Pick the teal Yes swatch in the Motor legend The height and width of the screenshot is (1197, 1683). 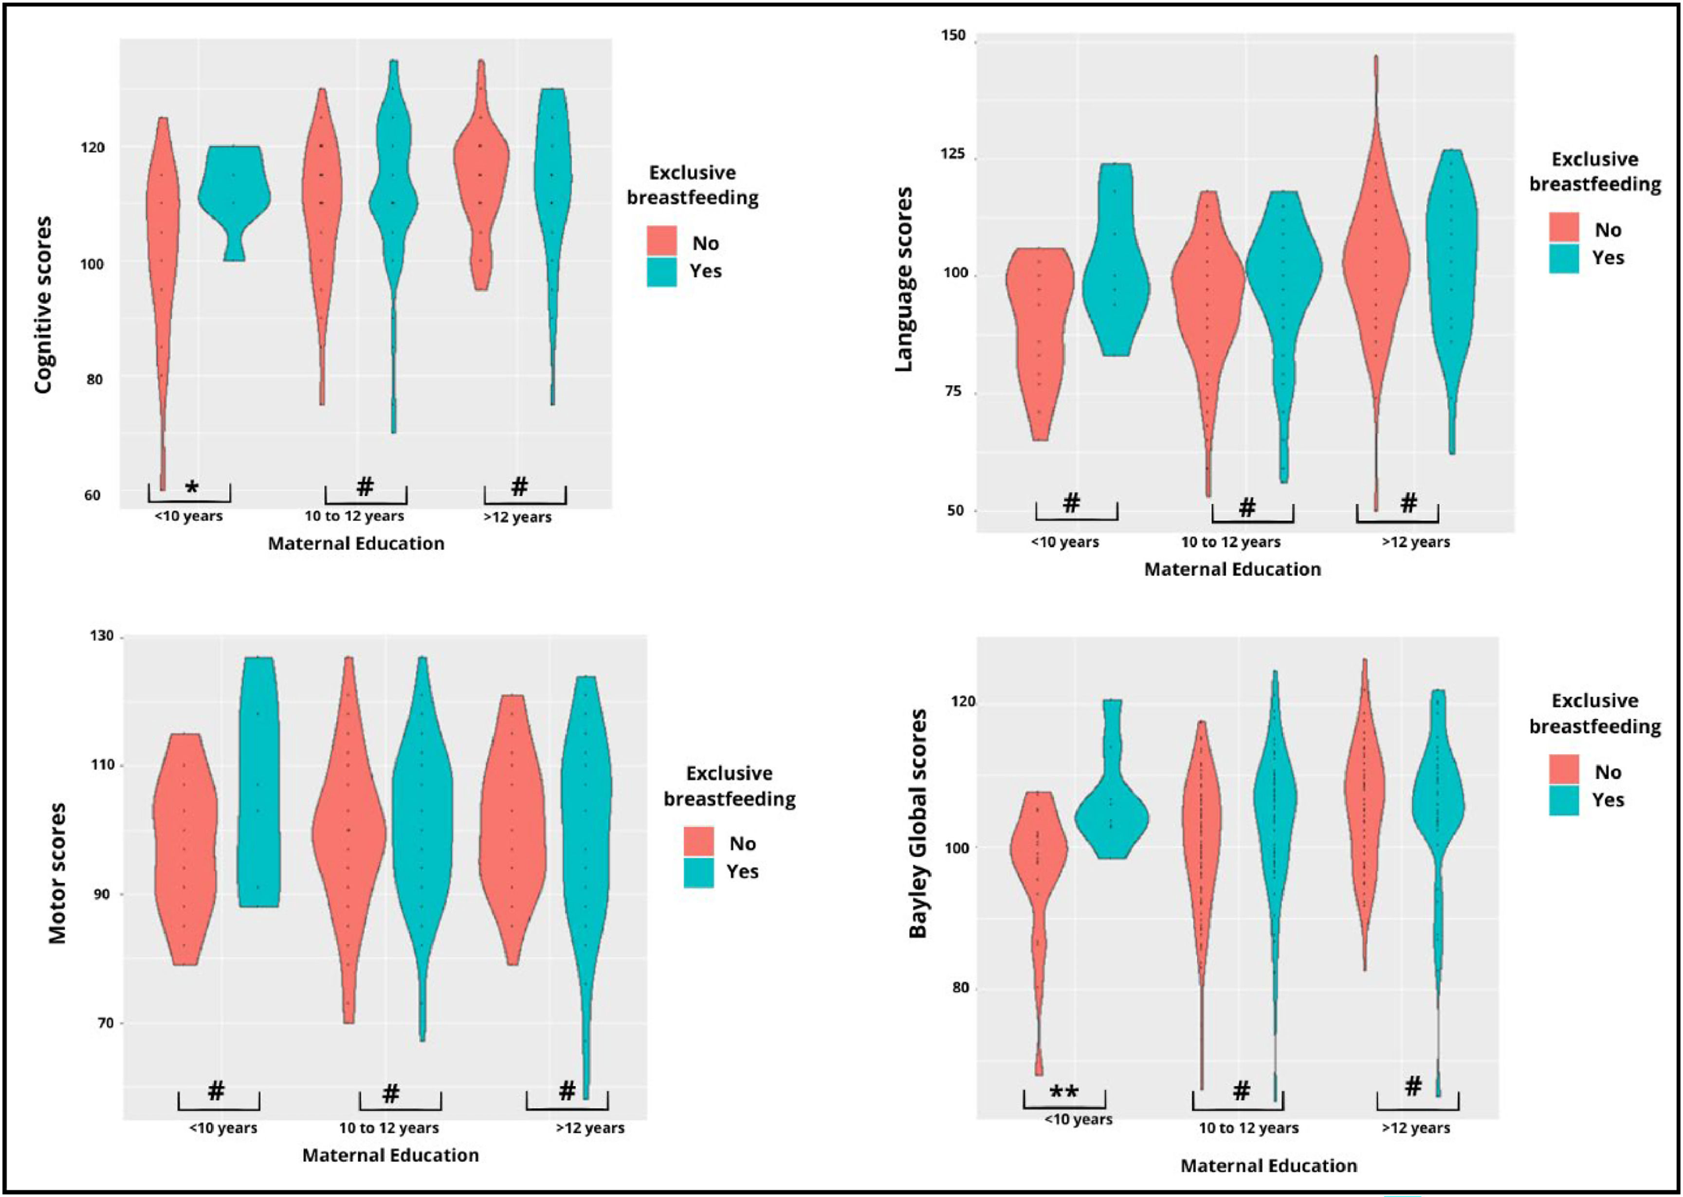698,872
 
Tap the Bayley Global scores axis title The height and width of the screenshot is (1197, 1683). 918,823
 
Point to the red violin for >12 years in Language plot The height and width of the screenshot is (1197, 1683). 1375,265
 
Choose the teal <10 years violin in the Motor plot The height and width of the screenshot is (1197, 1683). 258,781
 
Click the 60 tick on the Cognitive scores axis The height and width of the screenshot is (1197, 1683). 91,495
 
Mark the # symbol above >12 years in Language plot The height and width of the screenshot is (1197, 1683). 1408,504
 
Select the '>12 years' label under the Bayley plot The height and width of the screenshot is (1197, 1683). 1415,1128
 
